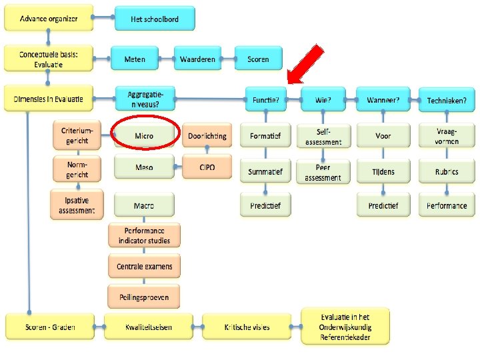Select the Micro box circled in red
144,136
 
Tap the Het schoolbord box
155,19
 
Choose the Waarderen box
198,59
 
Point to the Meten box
134,59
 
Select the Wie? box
323,101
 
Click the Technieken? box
447,101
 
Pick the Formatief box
265,136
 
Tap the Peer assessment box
323,172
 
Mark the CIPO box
207,167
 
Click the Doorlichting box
207,136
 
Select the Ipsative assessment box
76,205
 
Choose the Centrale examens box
144,266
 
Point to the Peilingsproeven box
144,297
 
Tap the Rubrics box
447,172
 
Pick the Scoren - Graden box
50,327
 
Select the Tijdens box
383,172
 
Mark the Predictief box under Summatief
265,206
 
